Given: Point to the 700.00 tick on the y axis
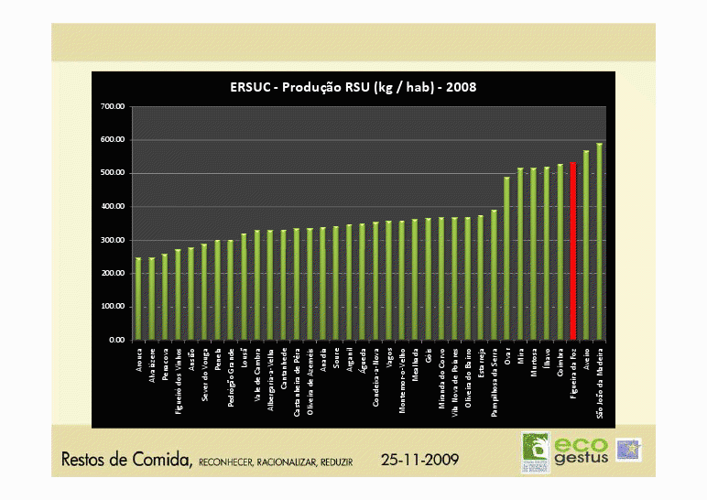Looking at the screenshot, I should [113, 107].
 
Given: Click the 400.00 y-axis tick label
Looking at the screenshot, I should [113, 207].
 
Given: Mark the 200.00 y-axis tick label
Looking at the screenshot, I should [113, 274].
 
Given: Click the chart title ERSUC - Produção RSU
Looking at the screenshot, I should [353, 87].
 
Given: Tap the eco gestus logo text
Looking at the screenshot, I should [580, 449].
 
